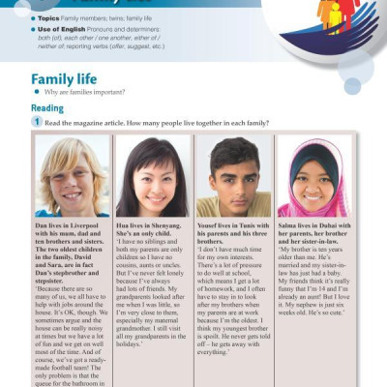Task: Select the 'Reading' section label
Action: click(x=46, y=108)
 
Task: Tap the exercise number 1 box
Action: click(x=37, y=123)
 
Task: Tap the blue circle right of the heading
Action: click(x=352, y=85)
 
